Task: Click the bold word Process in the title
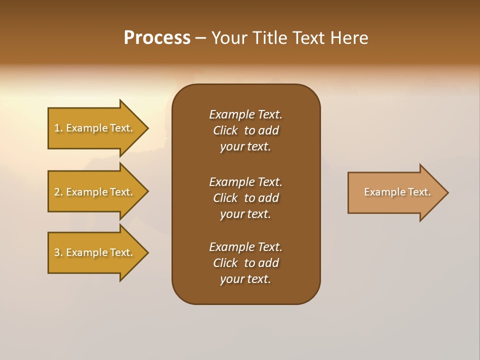[x=157, y=38]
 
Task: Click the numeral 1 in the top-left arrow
[x=57, y=128]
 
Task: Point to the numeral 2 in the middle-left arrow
[x=57, y=192]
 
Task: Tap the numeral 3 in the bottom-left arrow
[x=57, y=252]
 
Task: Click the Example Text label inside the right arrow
[x=397, y=192]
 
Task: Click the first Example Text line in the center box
[x=245, y=114]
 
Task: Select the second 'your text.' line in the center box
[x=245, y=214]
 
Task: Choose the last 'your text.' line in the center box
[x=245, y=279]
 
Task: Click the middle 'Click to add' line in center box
[x=245, y=198]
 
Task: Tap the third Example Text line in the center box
[x=245, y=247]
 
